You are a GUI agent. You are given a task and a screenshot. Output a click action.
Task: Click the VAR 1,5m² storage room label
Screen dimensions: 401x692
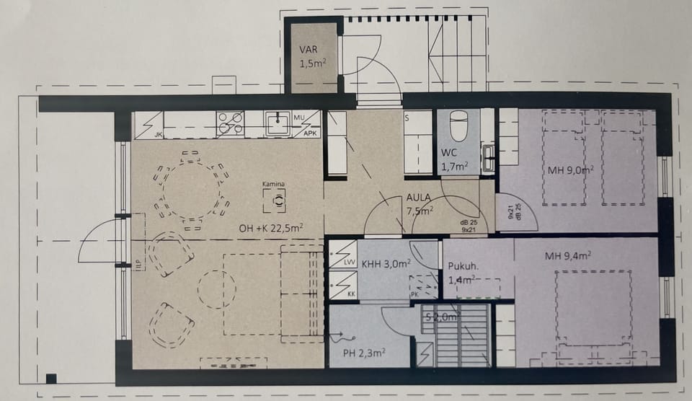point(314,57)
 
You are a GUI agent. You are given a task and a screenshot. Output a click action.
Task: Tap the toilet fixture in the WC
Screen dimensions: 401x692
point(459,128)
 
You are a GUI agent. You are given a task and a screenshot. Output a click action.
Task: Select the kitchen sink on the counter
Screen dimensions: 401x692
point(276,124)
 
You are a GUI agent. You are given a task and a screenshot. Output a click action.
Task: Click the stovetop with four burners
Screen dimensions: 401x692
point(231,123)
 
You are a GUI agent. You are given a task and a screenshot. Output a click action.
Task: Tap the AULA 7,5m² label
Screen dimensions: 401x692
point(420,204)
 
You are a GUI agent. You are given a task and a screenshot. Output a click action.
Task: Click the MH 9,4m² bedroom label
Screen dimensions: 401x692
point(569,254)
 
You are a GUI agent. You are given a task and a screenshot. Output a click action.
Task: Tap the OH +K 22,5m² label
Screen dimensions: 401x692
point(271,229)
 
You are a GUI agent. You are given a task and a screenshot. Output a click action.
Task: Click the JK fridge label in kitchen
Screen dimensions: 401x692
point(158,134)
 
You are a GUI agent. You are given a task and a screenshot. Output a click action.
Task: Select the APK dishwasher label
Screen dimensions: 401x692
point(311,133)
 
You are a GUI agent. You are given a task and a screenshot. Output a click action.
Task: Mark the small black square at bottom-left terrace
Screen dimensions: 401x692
point(51,378)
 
